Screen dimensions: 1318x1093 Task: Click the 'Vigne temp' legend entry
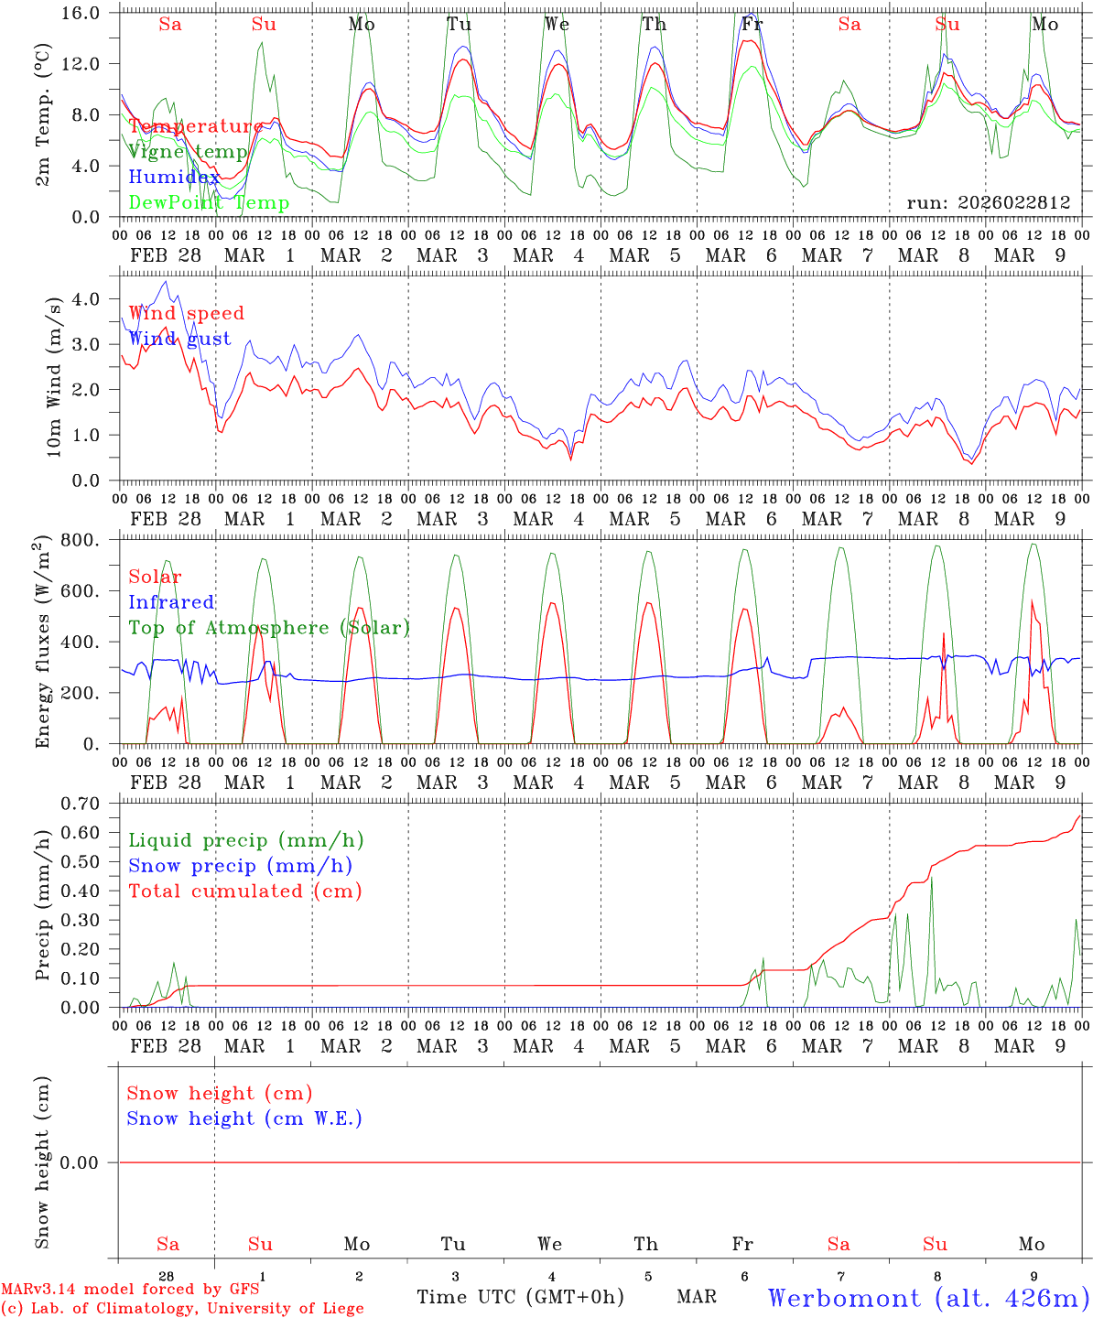tap(188, 152)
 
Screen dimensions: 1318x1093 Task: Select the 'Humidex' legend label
tap(174, 178)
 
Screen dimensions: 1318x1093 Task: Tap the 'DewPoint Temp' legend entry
tap(209, 203)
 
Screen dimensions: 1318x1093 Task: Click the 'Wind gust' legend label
tap(179, 339)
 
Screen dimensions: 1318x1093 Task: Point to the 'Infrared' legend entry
tap(171, 602)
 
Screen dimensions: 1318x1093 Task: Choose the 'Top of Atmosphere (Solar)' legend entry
tap(269, 628)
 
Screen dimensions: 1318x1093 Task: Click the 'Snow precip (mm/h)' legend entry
tap(240, 866)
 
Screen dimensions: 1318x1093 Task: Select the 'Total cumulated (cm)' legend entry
tap(245, 891)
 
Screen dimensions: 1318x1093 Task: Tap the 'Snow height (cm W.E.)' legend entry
tap(244, 1118)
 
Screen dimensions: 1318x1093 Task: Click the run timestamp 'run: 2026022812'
tap(989, 203)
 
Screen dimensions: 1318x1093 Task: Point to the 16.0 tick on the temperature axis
tap(82, 13)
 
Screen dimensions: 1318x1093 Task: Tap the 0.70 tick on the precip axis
tap(81, 804)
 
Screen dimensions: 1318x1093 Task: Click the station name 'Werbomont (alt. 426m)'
tap(929, 1298)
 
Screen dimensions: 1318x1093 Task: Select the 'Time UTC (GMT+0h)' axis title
tap(520, 1297)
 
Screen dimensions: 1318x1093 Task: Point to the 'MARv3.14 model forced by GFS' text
tap(130, 1290)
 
